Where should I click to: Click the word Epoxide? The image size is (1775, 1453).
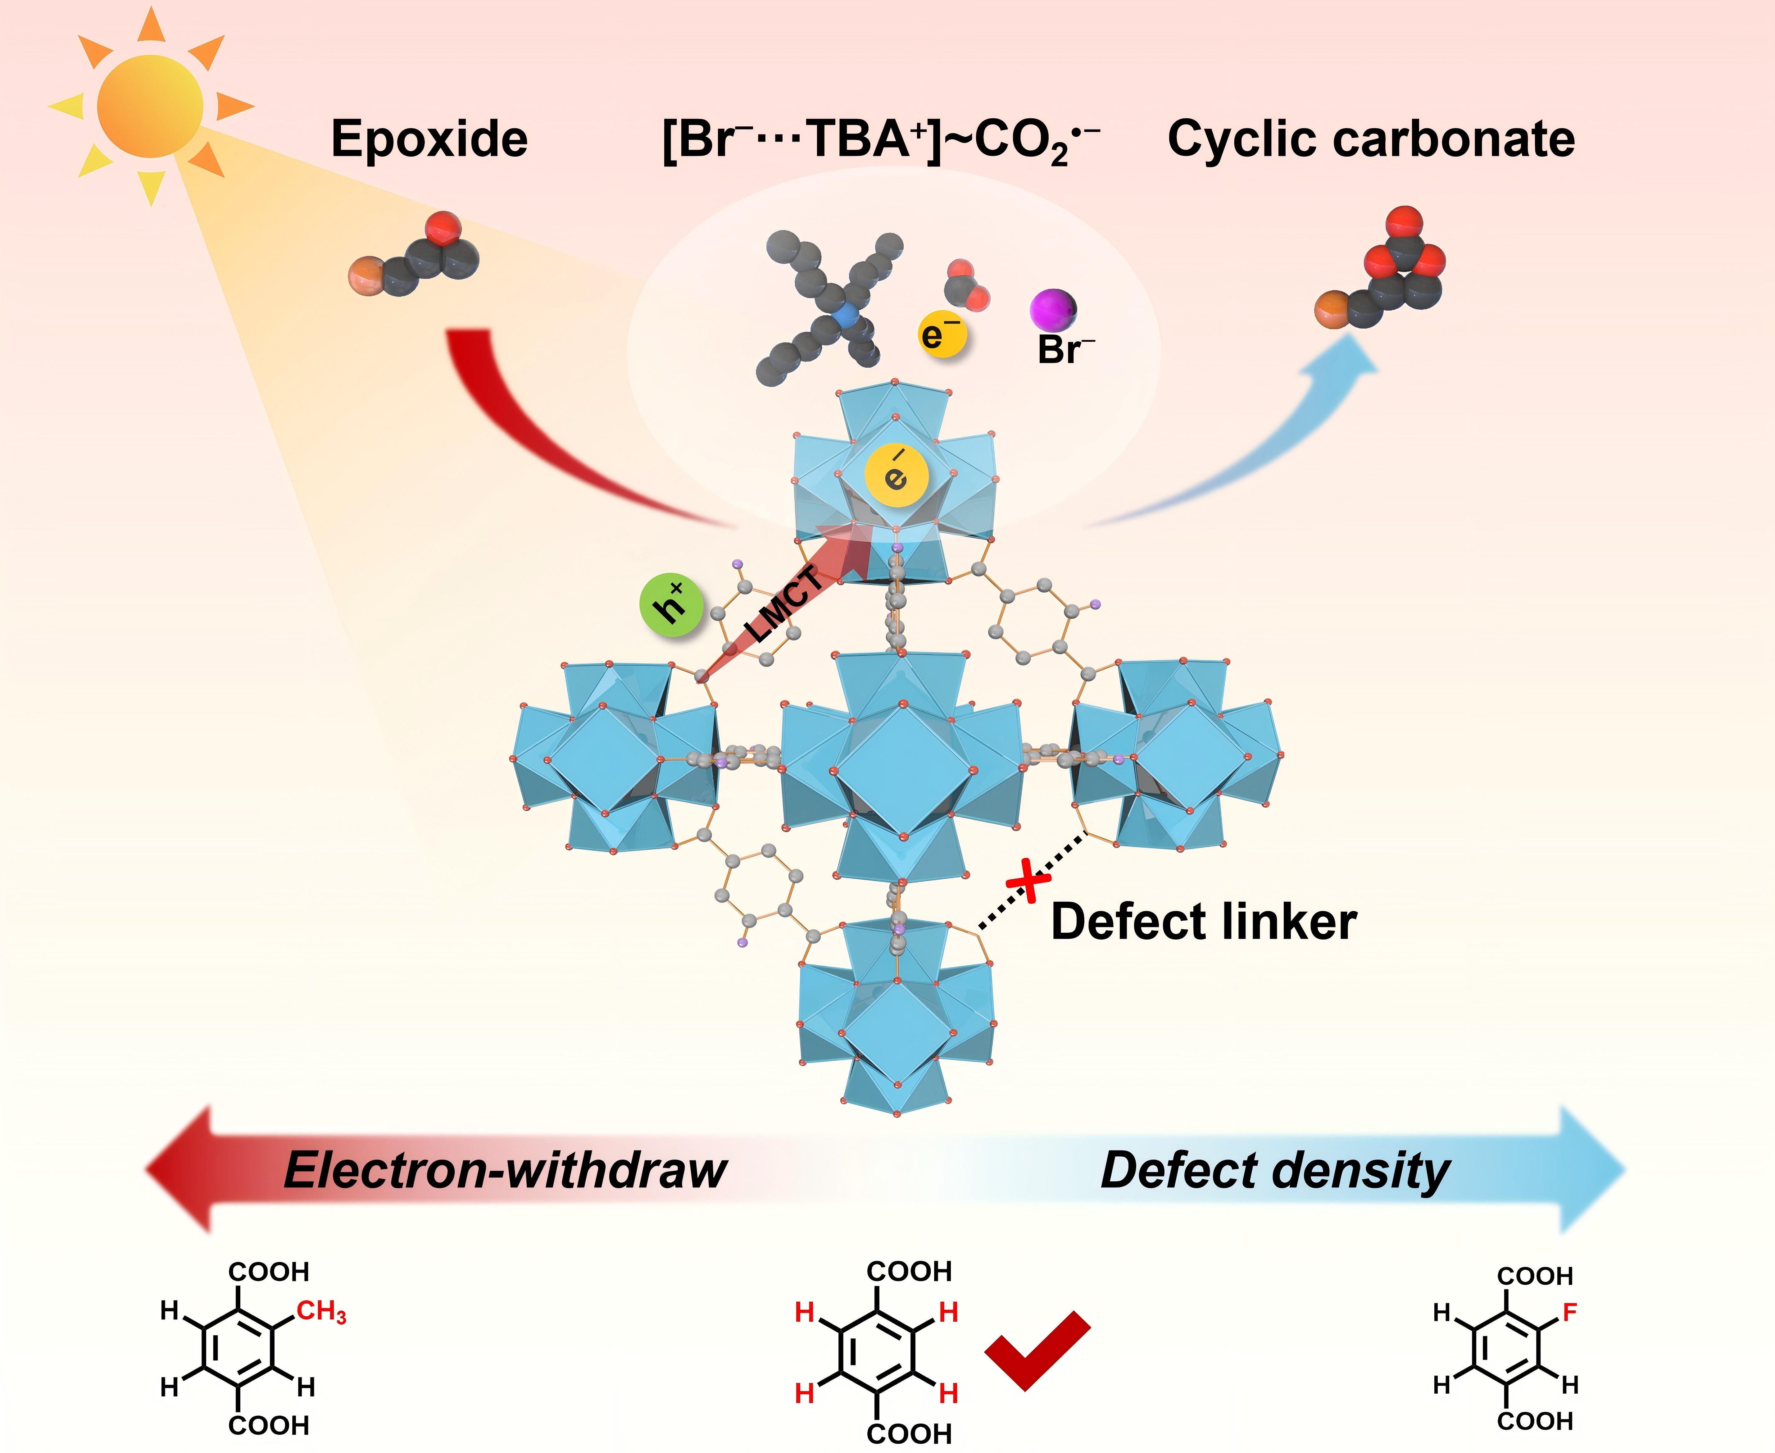[x=429, y=139]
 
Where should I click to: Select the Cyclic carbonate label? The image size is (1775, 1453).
[x=1371, y=139]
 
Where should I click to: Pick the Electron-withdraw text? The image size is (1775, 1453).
[x=506, y=1170]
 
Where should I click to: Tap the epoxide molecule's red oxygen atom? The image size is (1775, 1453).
[x=442, y=227]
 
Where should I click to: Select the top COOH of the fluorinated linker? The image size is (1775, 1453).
[x=1535, y=1276]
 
